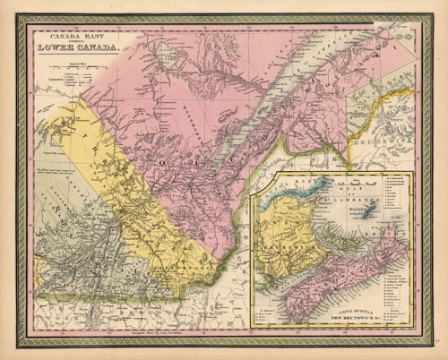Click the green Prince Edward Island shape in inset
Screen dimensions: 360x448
tap(338, 236)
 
